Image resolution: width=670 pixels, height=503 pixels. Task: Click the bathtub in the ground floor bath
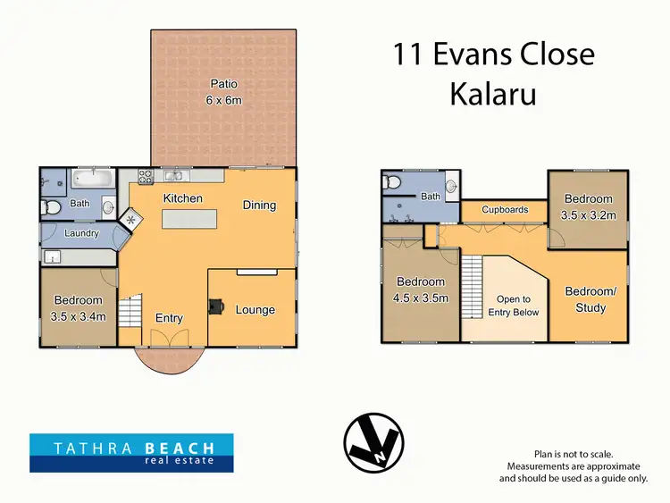click(x=92, y=179)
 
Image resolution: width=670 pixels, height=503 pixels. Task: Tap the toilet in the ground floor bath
click(x=51, y=208)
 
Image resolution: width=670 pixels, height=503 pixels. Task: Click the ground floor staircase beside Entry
click(x=130, y=313)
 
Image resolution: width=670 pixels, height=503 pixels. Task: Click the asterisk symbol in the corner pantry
click(x=132, y=218)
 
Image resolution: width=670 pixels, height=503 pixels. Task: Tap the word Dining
click(x=259, y=205)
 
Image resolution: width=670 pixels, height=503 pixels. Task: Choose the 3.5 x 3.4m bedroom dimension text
click(x=79, y=316)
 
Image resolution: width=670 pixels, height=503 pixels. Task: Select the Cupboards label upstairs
click(x=505, y=210)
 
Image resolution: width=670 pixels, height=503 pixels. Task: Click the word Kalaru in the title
click(x=493, y=94)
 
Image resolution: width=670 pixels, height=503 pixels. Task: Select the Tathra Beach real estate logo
click(x=131, y=452)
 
